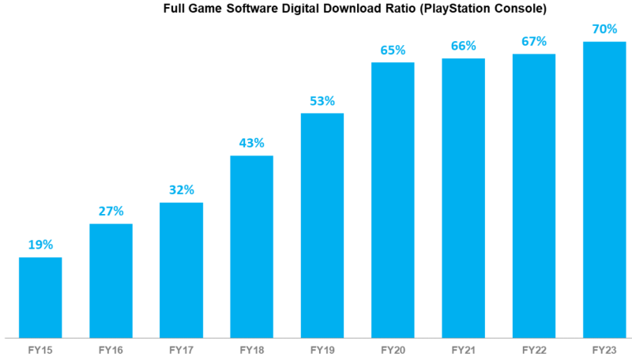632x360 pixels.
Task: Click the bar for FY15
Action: [40, 297]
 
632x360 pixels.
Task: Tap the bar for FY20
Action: [393, 200]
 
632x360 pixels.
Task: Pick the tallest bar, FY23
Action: [604, 189]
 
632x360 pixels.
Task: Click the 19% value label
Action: [40, 245]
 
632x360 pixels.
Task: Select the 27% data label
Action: [111, 211]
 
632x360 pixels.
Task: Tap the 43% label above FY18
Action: [251, 143]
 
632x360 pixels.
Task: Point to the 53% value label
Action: [322, 100]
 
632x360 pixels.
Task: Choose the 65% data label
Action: [393, 50]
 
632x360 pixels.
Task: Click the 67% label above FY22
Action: [534, 41]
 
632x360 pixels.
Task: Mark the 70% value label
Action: [604, 28]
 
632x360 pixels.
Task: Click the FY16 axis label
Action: [111, 347]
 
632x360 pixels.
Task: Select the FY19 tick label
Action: [322, 347]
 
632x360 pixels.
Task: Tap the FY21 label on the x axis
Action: [463, 347]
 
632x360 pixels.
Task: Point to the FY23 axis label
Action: [604, 347]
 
